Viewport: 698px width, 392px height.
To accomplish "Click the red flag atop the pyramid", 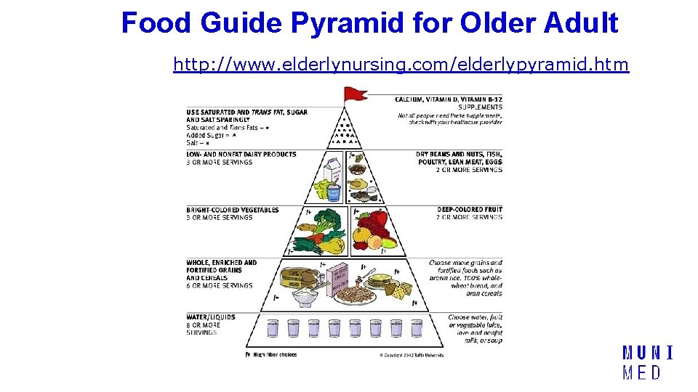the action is pyautogui.click(x=356, y=93).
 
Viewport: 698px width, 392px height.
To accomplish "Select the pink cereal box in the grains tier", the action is pyautogui.click(x=340, y=279).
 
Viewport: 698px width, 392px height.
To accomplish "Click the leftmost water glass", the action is pyautogui.click(x=273, y=328).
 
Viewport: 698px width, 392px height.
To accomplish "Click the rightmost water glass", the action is pyautogui.click(x=416, y=328).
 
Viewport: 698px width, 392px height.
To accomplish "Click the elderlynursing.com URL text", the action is pyautogui.click(x=401, y=65).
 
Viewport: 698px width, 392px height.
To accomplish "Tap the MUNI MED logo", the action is pyautogui.click(x=646, y=363).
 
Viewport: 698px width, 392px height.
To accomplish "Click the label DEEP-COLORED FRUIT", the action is pyautogui.click(x=470, y=210).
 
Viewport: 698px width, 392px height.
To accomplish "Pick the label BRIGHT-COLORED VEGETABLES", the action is pyautogui.click(x=232, y=210).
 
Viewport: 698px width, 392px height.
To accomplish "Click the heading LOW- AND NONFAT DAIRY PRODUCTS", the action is pyautogui.click(x=241, y=154).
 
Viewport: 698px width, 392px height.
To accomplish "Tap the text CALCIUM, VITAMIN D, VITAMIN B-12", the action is pyautogui.click(x=449, y=99).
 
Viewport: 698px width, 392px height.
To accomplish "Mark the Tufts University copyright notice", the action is pyautogui.click(x=412, y=355).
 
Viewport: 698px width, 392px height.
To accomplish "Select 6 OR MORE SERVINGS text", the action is pyautogui.click(x=219, y=285).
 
